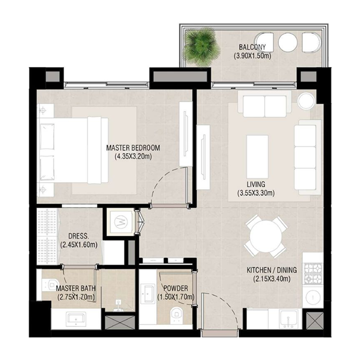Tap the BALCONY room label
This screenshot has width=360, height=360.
(x=252, y=47)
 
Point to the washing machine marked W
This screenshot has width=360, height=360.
(x=120, y=221)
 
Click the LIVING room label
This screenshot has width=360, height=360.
(x=256, y=184)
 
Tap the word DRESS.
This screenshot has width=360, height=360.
(x=78, y=236)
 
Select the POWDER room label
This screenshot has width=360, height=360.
(x=175, y=288)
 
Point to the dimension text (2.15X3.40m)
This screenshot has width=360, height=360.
(x=271, y=279)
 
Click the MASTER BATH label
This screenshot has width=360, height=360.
(x=76, y=288)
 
